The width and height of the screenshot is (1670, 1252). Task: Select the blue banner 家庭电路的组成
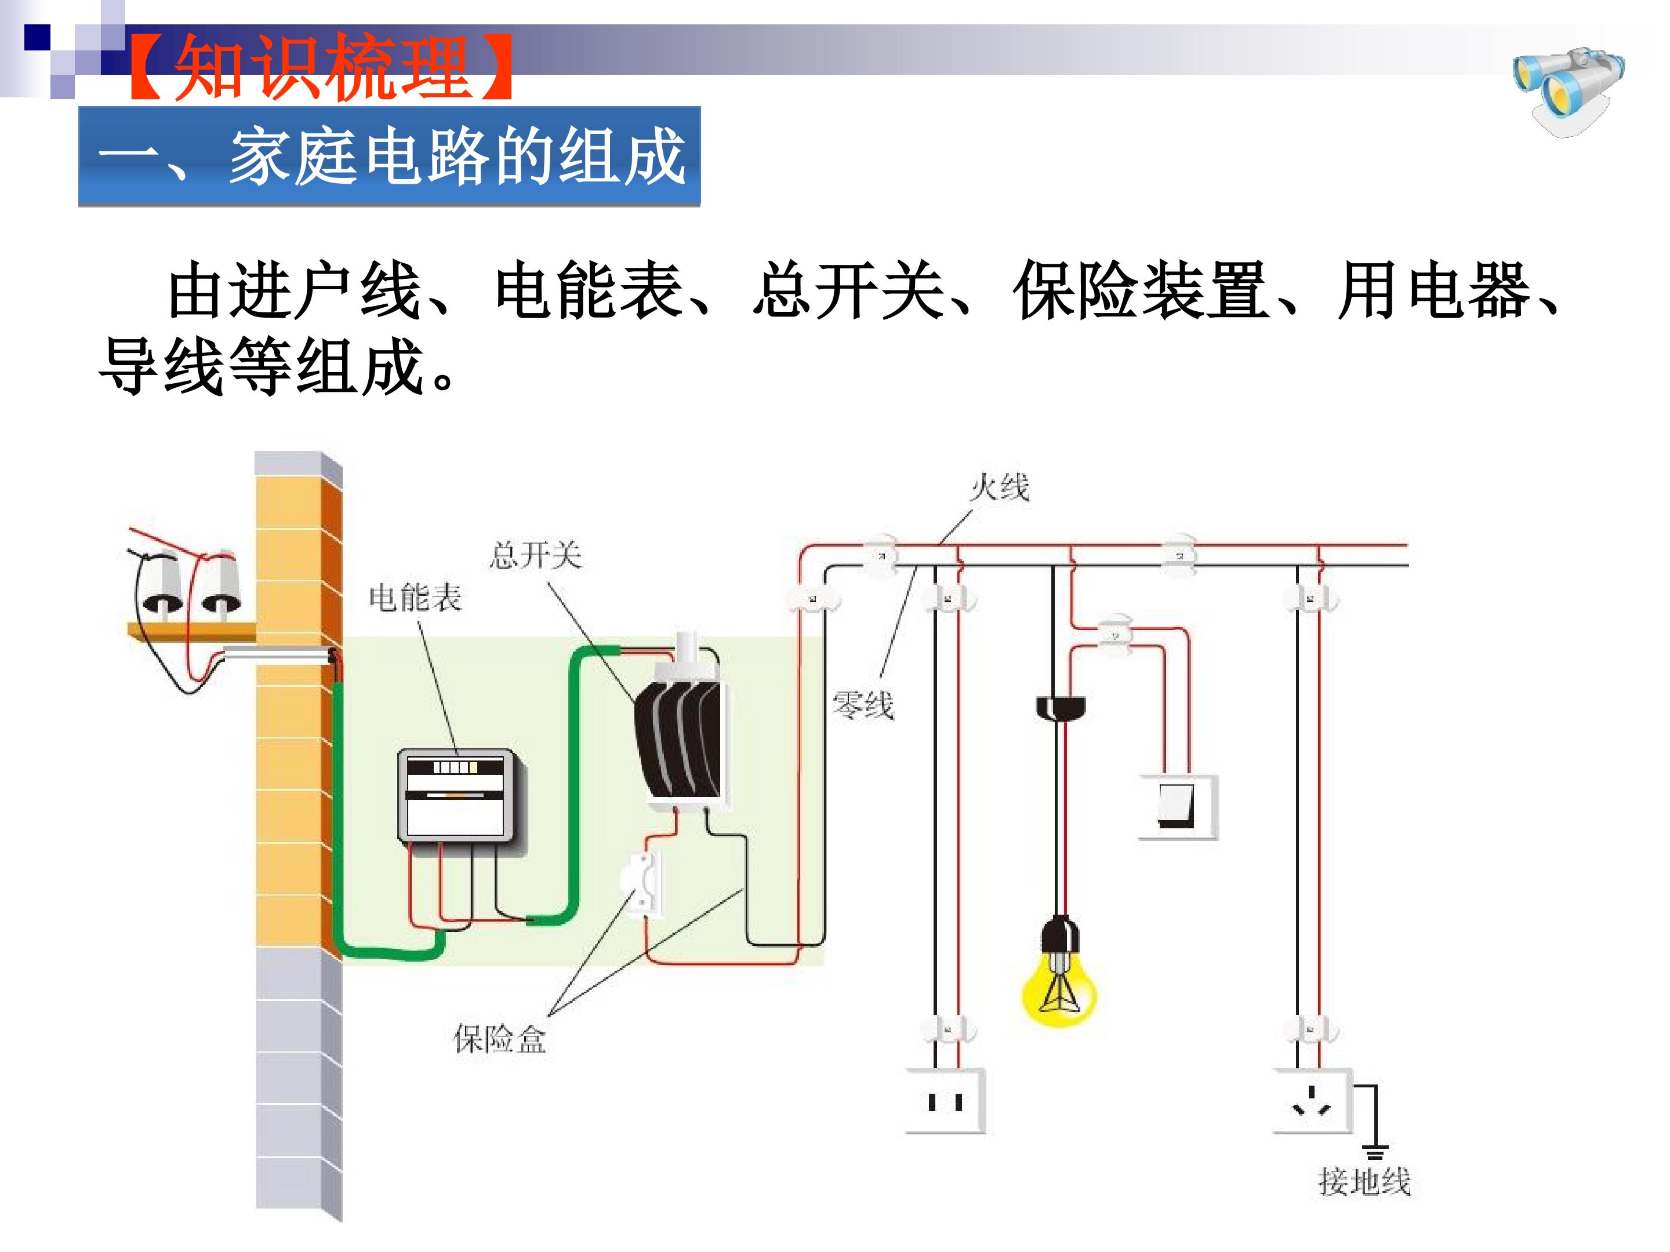[390, 156]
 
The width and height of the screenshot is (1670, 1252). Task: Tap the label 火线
[999, 487]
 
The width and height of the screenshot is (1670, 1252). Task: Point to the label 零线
[863, 705]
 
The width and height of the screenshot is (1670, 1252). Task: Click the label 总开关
[536, 555]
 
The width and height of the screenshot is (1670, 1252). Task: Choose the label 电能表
[415, 598]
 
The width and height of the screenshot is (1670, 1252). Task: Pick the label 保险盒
[499, 1039]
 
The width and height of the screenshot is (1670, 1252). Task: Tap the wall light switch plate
[1177, 807]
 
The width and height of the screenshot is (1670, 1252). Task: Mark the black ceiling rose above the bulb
[1060, 707]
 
